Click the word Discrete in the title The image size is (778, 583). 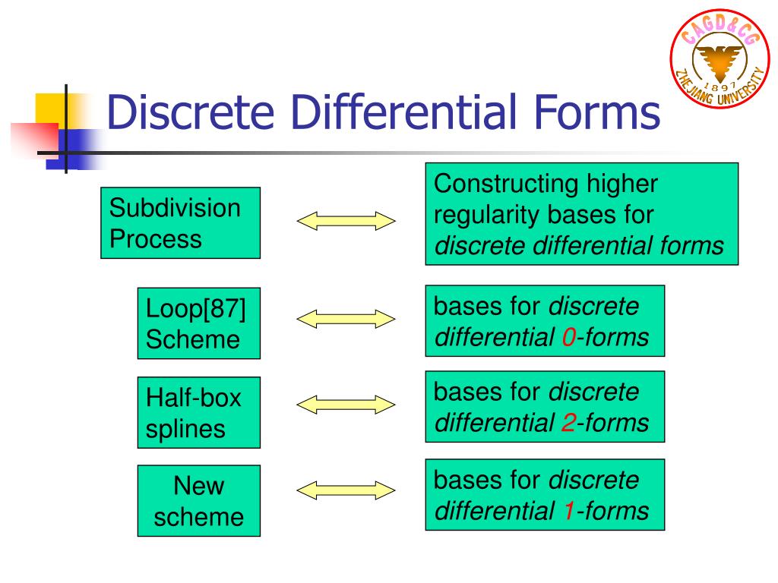point(190,112)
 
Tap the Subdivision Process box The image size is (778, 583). point(180,223)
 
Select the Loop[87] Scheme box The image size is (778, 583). point(198,323)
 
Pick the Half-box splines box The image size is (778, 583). point(198,412)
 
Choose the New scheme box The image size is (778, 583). point(198,501)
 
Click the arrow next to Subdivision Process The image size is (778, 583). point(346,221)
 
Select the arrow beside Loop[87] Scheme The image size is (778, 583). point(346,319)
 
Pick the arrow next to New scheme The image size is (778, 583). point(346,490)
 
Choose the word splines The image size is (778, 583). point(186,429)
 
